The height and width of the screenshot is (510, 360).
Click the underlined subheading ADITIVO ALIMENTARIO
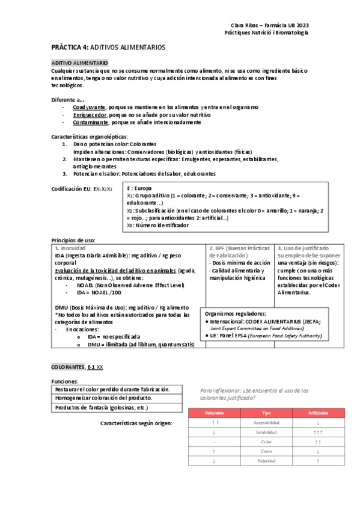pos(80,63)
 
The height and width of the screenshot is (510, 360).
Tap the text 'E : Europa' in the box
pos(139,188)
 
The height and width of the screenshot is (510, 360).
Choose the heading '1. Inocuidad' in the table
pos(70,248)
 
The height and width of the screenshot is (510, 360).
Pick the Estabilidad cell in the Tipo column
pos(266,432)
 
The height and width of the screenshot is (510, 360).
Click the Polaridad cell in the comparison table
pos(266,461)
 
